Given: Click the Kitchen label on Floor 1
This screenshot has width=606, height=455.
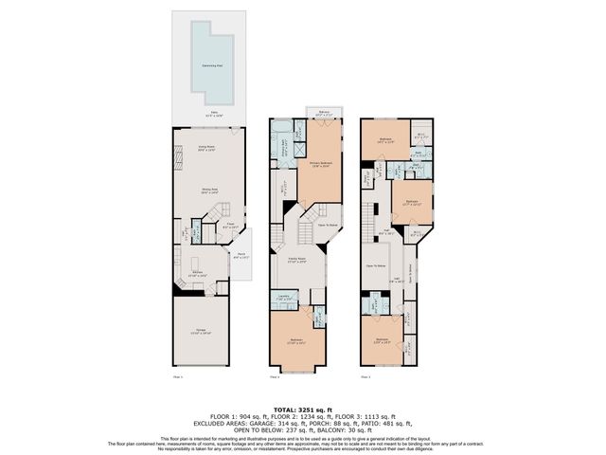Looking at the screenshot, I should point(199,274).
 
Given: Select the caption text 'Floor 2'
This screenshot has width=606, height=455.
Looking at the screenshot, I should point(275,376).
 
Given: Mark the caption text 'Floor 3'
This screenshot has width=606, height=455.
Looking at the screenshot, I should point(365,376).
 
